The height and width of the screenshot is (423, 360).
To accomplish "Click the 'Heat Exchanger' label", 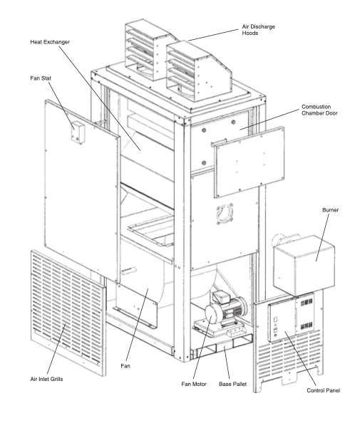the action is pos(50,42).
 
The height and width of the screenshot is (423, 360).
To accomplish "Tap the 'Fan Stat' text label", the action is pos(41,78).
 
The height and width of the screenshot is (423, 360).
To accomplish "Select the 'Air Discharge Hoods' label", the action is pos(259,30).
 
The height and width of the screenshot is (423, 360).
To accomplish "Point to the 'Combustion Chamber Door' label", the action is pos(319,110).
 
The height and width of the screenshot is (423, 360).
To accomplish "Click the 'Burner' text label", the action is pos(330,210).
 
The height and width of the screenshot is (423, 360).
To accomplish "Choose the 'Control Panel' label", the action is pos(323,390).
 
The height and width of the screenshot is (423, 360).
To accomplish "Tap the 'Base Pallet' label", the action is pos(233,384).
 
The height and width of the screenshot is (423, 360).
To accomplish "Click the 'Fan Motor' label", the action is pos(194,384).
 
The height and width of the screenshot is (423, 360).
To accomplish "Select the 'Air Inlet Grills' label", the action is pos(46,379).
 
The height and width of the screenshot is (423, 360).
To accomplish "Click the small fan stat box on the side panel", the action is pos(78,132).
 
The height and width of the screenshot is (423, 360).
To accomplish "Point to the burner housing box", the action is pos(304,264).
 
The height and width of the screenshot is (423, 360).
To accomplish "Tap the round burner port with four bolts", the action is pos(225,213).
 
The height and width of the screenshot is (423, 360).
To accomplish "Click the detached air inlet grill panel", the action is pos(68,313).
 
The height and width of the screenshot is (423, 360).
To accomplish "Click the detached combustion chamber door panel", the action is pos(250,162).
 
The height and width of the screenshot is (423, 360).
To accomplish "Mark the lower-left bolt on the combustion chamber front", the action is pos(204,163).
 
